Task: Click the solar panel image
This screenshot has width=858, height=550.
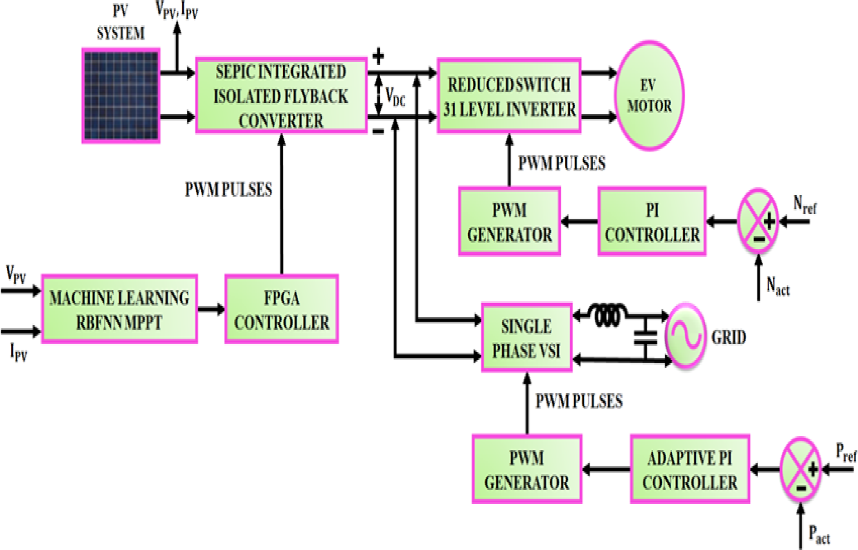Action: click(121, 96)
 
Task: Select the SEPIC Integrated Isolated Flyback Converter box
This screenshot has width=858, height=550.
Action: click(281, 96)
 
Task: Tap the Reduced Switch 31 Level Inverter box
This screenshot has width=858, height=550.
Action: click(509, 96)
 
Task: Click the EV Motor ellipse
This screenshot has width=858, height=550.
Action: click(649, 96)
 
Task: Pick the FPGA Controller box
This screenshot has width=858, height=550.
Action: click(281, 309)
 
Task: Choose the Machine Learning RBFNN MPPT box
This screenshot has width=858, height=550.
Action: click(119, 309)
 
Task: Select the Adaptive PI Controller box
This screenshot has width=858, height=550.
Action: click(689, 469)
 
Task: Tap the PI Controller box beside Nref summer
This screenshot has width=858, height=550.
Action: click(652, 222)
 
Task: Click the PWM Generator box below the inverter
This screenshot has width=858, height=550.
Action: click(509, 222)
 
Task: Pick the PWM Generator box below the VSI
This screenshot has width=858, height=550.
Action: click(527, 469)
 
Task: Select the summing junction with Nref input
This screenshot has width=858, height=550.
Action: click(757, 222)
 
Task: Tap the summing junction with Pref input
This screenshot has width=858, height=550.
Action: click(800, 469)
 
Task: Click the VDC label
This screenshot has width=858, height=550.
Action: click(395, 97)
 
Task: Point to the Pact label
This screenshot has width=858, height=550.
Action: click(819, 535)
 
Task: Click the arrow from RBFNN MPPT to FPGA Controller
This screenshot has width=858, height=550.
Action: click(211, 309)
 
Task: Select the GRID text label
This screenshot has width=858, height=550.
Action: click(728, 338)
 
